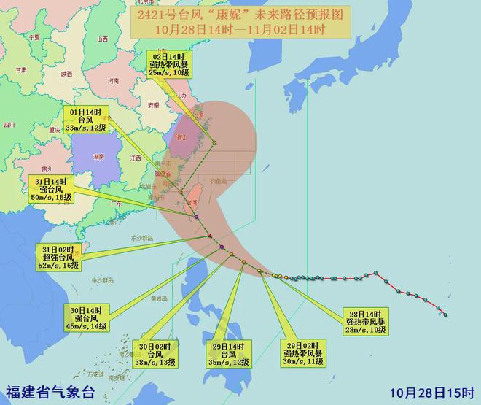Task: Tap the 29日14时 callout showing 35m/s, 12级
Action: [x=228, y=352]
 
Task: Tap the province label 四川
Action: [x=8, y=125]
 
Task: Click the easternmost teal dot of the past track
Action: [x=445, y=315]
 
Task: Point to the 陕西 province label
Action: [x=67, y=74]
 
